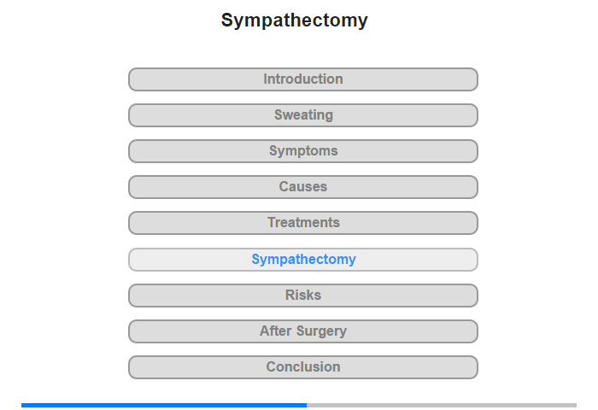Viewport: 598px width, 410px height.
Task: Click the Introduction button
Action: point(303,79)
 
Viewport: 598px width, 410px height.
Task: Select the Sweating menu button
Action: point(303,115)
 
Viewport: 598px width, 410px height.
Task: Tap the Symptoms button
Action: point(303,151)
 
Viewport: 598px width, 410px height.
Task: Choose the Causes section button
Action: point(303,187)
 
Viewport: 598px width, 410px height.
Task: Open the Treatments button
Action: point(303,223)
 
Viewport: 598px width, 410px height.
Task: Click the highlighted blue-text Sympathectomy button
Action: point(303,260)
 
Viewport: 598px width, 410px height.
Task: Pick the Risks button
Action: point(303,296)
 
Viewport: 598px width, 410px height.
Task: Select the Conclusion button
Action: point(303,367)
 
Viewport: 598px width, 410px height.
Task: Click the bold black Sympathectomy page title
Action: point(295,20)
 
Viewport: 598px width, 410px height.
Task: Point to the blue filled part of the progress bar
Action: point(164,405)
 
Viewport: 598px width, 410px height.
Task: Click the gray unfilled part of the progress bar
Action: point(442,405)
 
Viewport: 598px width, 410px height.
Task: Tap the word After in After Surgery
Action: point(276,331)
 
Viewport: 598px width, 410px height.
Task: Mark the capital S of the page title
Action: point(227,20)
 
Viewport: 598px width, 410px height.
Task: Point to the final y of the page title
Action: point(363,22)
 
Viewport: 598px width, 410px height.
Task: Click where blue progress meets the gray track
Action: point(307,405)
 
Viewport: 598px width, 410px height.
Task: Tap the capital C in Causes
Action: point(284,186)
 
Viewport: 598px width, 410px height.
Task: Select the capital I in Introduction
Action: point(266,79)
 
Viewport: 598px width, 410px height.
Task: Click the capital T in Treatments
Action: point(273,222)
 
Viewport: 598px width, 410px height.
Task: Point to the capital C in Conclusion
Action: point(272,367)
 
